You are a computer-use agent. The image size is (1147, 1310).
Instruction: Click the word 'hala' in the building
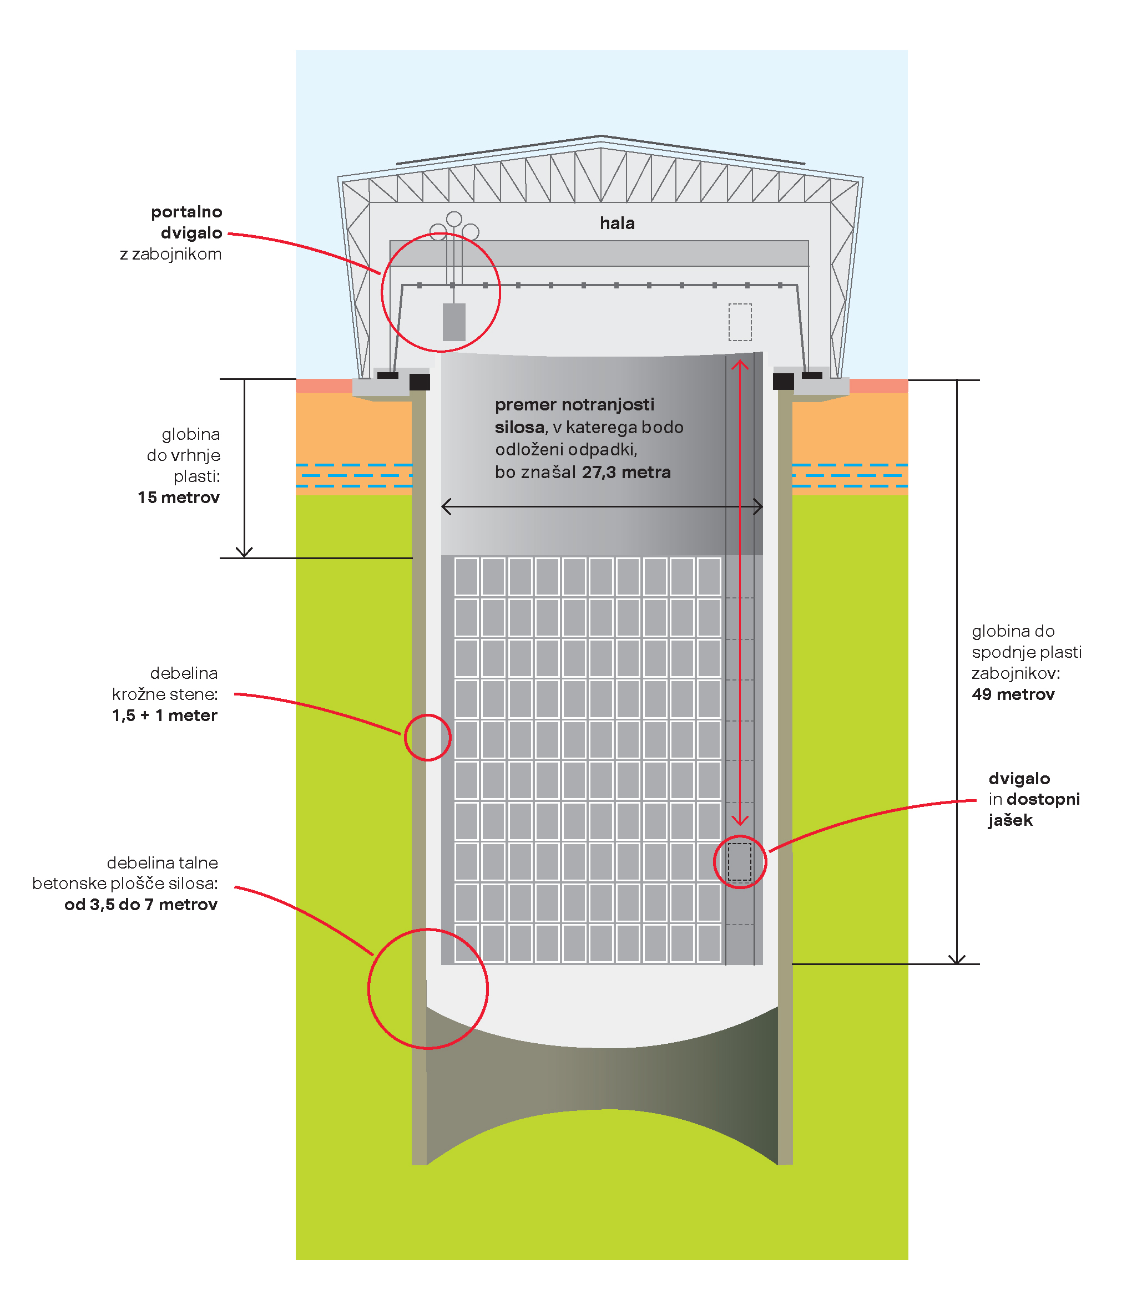[x=617, y=224]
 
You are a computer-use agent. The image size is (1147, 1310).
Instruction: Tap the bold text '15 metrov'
[x=179, y=497]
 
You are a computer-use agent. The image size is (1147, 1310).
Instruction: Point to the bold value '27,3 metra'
[x=626, y=472]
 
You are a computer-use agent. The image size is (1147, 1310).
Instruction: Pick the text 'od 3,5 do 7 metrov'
[x=141, y=905]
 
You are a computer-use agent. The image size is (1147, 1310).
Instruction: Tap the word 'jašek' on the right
[x=1010, y=820]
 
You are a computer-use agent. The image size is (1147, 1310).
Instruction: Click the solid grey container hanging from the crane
[x=454, y=322]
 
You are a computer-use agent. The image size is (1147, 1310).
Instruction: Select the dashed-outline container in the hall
[x=740, y=322]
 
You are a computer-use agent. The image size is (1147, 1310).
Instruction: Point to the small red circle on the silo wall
[x=428, y=738]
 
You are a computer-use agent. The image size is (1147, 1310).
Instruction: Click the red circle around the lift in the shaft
[x=740, y=862]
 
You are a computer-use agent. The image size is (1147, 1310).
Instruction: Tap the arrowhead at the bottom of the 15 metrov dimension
[x=244, y=552]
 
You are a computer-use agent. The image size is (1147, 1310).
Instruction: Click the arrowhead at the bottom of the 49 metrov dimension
[x=957, y=959]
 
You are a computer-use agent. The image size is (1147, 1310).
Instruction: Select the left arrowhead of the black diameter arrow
[x=446, y=506]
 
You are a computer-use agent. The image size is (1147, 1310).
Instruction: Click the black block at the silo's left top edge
[x=420, y=382]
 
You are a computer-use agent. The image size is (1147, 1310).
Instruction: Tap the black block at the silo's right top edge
[x=784, y=382]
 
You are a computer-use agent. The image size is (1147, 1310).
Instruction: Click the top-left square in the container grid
[x=467, y=576]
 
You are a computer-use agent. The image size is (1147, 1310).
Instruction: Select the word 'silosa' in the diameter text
[x=519, y=427]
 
